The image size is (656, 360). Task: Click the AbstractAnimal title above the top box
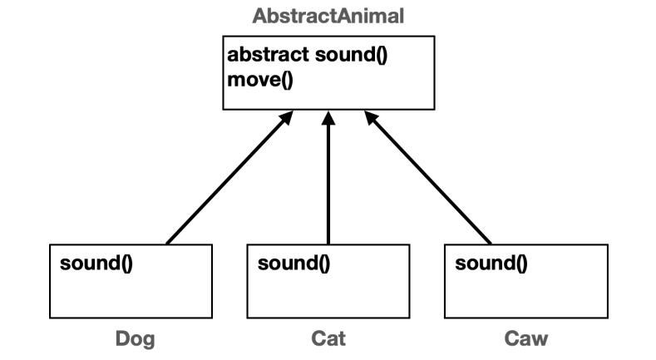(x=328, y=17)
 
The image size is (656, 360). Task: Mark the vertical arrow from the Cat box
(x=329, y=183)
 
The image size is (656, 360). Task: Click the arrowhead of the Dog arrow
(x=285, y=120)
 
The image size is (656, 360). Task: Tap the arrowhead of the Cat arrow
(x=329, y=119)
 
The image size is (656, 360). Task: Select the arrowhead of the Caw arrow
(x=372, y=120)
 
